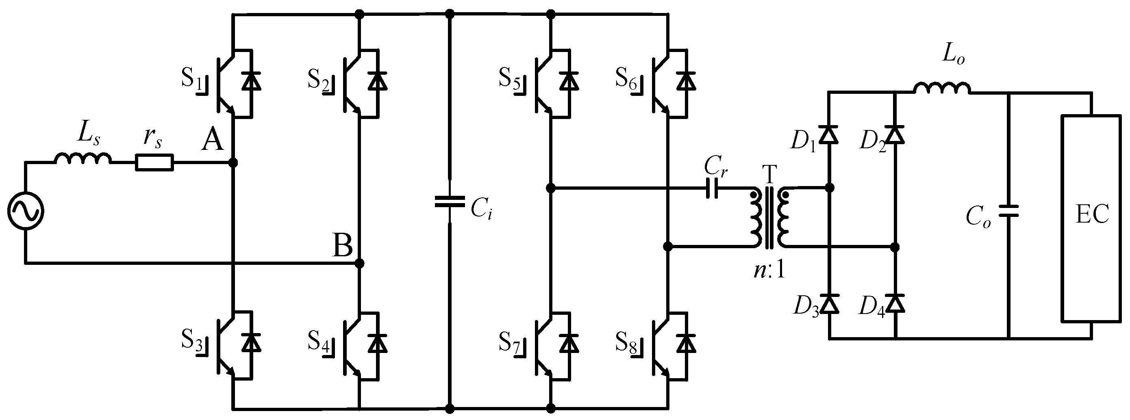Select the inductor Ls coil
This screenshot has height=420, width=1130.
(x=83, y=159)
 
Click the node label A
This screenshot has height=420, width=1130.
(x=212, y=141)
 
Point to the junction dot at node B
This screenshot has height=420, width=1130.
(x=359, y=264)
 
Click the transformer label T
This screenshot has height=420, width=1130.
(x=769, y=175)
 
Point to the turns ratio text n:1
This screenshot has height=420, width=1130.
(x=769, y=271)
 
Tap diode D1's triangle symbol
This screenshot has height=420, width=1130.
(x=829, y=134)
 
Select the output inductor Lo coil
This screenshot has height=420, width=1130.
(x=942, y=89)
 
